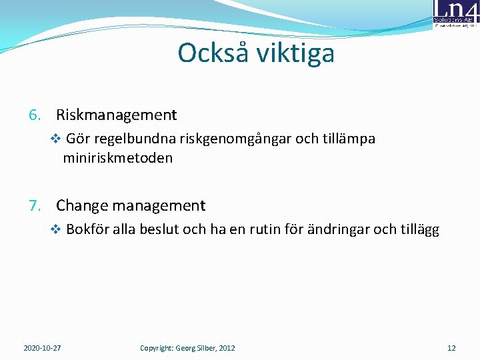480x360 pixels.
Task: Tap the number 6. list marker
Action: click(x=36, y=115)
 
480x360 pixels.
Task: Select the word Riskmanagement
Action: click(x=117, y=115)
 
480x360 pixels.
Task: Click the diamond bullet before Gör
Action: click(x=55, y=139)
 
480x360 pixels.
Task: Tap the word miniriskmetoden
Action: click(x=118, y=158)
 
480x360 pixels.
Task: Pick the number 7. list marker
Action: click(x=36, y=205)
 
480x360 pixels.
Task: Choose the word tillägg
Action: click(x=419, y=230)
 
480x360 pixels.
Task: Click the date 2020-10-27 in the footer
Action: click(x=43, y=348)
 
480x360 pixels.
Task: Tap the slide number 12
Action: click(x=451, y=348)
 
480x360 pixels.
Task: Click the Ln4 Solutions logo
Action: click(x=455, y=14)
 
